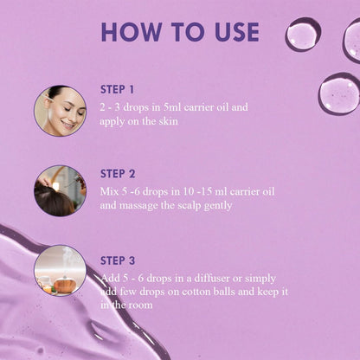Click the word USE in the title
[x=237, y=31]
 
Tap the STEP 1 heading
[x=117, y=90]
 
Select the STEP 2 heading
[x=118, y=174]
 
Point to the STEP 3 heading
[x=118, y=260]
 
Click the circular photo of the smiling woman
[x=61, y=111]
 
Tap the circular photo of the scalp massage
[x=61, y=190]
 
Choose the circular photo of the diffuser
[x=61, y=271]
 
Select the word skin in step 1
[x=168, y=121]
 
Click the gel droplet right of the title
[x=303, y=35]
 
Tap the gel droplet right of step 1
[x=339, y=93]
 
